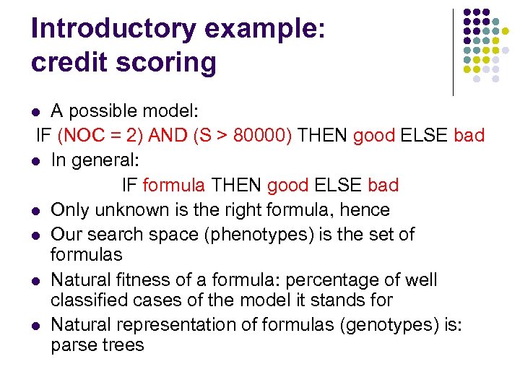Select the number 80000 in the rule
(259, 136)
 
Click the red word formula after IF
(174, 185)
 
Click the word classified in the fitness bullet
(90, 299)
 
